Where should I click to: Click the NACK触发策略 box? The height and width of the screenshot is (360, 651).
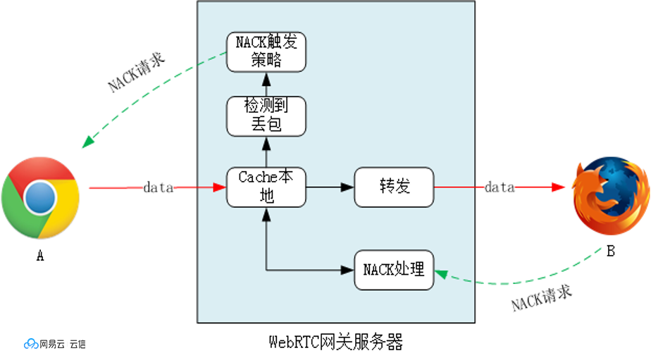point(266,51)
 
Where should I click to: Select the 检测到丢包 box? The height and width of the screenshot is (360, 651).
point(266,116)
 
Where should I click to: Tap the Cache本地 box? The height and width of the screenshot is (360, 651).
point(266,187)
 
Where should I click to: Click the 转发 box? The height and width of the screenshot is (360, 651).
point(394,187)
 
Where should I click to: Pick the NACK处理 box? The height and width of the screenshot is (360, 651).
point(394,269)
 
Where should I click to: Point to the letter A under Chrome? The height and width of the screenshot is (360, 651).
point(40,257)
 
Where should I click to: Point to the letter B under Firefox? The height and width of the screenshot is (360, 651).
point(611,251)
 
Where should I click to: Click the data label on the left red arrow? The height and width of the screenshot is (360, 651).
point(159,188)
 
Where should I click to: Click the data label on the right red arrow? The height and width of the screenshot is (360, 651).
point(500,187)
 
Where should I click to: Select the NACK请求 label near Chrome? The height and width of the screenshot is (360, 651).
point(137,73)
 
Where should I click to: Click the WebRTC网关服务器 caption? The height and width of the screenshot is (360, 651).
point(336,343)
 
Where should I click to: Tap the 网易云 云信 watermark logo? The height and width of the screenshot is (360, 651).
point(55,344)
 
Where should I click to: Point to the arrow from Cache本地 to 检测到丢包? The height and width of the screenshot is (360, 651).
point(266,151)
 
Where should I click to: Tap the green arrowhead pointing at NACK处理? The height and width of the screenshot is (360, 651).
point(441,273)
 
